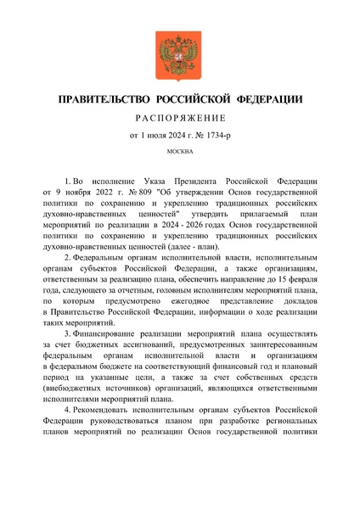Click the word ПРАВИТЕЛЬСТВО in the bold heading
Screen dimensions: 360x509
[x=104, y=101]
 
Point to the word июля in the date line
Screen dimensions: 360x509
[x=158, y=137]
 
